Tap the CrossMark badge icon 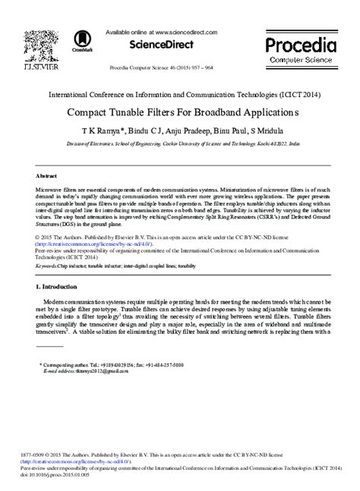coord(81,42)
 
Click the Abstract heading coord(46,174)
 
